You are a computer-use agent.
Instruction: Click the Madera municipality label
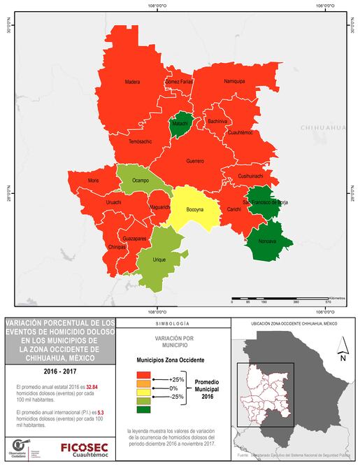[x=133, y=82]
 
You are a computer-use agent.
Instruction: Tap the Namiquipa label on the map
[x=234, y=81]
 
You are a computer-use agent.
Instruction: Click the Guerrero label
[x=195, y=161]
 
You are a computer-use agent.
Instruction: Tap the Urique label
[x=160, y=258]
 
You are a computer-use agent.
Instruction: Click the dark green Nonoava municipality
[x=266, y=241]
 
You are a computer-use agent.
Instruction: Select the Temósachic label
[x=141, y=141]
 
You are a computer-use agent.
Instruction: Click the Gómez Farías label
[x=179, y=82]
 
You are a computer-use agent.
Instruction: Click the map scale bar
[x=286, y=299]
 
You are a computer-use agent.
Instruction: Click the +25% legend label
[x=175, y=378]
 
